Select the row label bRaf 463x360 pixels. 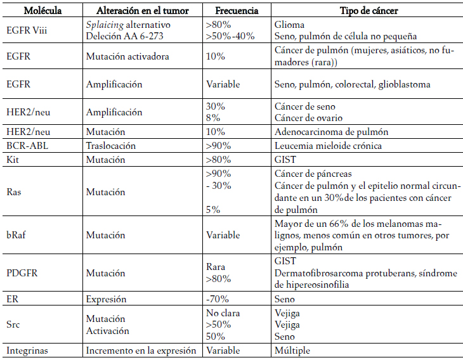17,235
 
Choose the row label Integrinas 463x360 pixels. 29,350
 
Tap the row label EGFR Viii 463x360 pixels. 28,30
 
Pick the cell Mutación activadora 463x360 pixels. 127,56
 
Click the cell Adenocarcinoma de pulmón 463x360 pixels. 331,132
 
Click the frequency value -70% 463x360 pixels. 218,299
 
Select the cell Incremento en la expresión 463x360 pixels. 141,350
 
